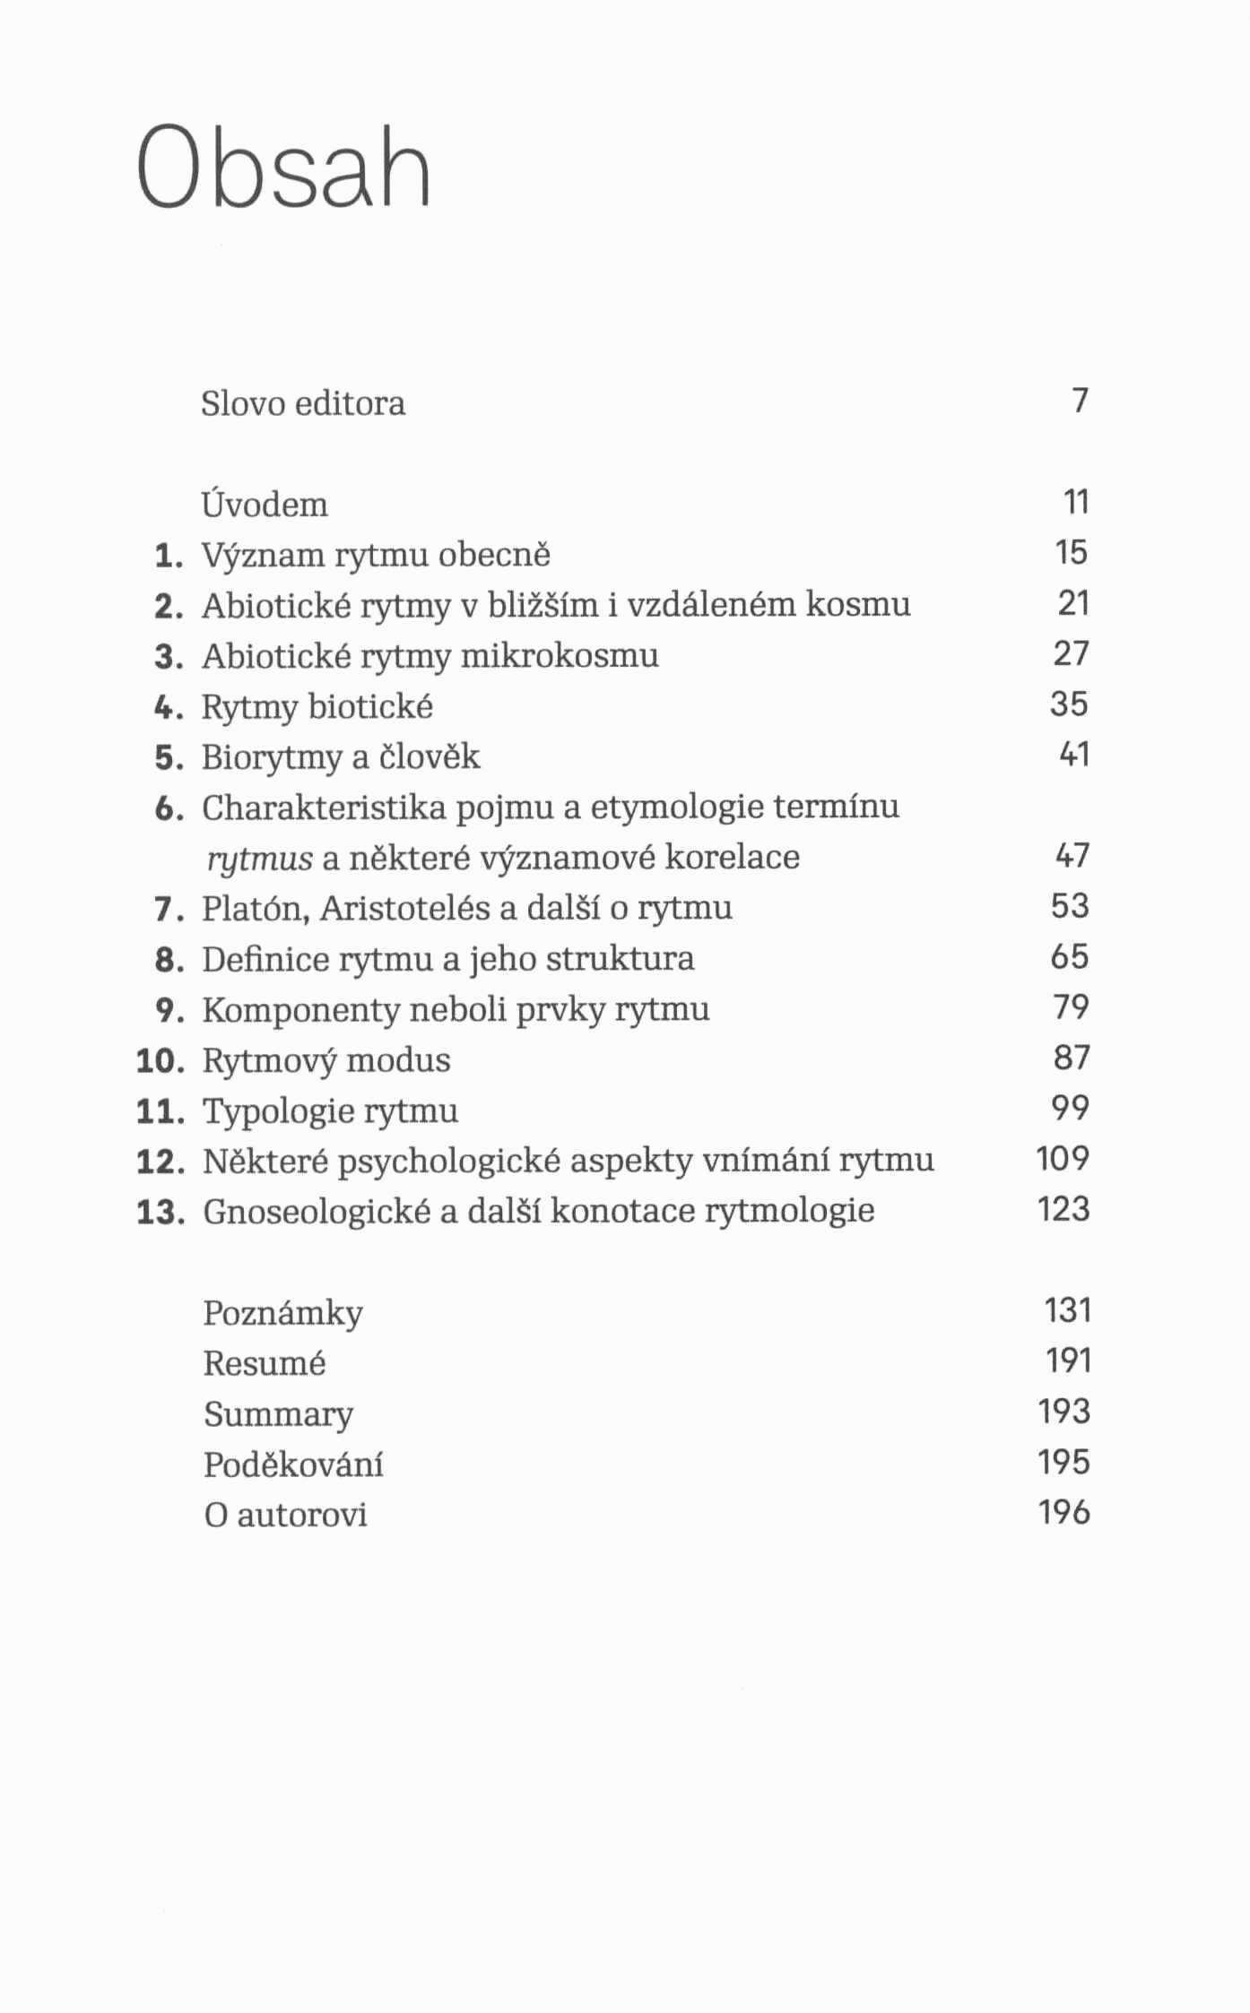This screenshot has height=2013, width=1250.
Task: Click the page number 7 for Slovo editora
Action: (x=1080, y=400)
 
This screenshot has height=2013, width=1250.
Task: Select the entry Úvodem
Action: (x=265, y=505)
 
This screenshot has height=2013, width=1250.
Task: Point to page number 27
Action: (x=1071, y=654)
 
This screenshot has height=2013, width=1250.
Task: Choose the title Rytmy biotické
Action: (x=317, y=707)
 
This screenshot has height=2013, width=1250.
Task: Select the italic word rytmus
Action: (x=259, y=859)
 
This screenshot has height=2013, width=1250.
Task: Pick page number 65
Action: (x=1070, y=957)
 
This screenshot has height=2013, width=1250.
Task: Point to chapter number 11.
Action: (x=160, y=1111)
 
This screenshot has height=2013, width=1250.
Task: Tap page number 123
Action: (x=1063, y=1210)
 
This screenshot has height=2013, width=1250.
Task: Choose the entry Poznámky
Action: (x=282, y=1313)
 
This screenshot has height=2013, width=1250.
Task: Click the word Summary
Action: (x=278, y=1415)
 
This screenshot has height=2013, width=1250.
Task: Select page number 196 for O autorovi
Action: (x=1063, y=1513)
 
